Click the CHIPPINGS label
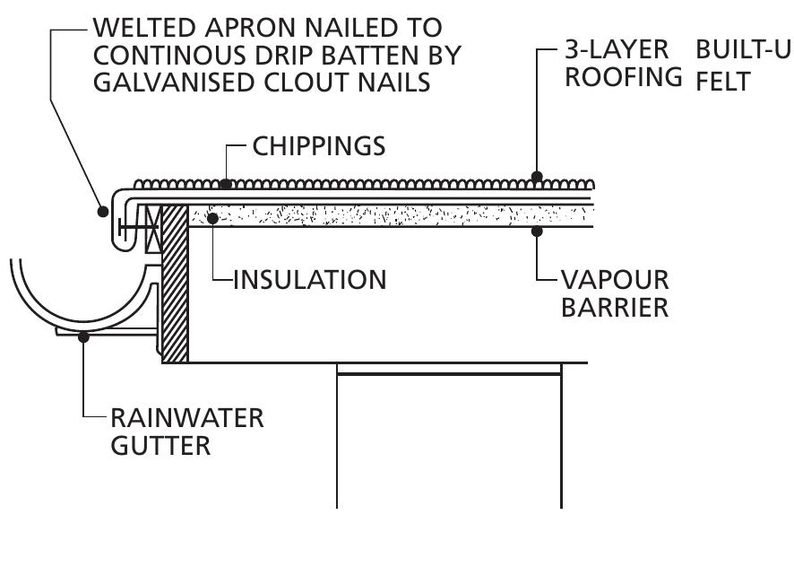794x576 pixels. [x=319, y=146]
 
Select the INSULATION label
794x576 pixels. [x=309, y=279]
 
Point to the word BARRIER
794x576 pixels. [x=615, y=307]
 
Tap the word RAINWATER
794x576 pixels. [x=187, y=418]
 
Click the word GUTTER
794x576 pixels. [x=161, y=446]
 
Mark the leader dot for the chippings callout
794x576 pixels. [x=226, y=185]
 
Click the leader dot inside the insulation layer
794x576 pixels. [x=212, y=216]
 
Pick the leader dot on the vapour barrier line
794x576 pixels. [x=536, y=231]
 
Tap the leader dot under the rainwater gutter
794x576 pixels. [x=82, y=336]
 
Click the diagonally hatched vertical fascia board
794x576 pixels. [x=175, y=287]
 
